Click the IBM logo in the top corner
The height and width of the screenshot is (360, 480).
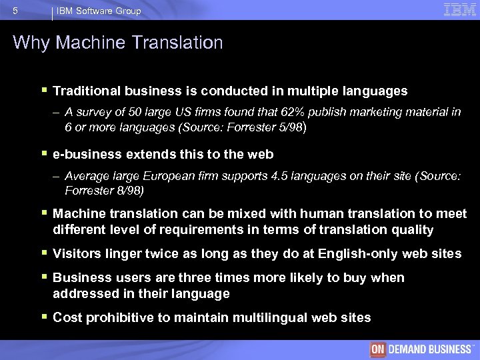click(460, 9)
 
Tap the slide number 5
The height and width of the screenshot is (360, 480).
click(15, 11)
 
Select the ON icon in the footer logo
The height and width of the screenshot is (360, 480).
click(378, 349)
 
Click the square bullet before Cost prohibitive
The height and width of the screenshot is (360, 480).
click(43, 317)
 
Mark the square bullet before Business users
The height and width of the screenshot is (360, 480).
click(43, 277)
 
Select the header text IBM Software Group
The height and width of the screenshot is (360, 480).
click(99, 11)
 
